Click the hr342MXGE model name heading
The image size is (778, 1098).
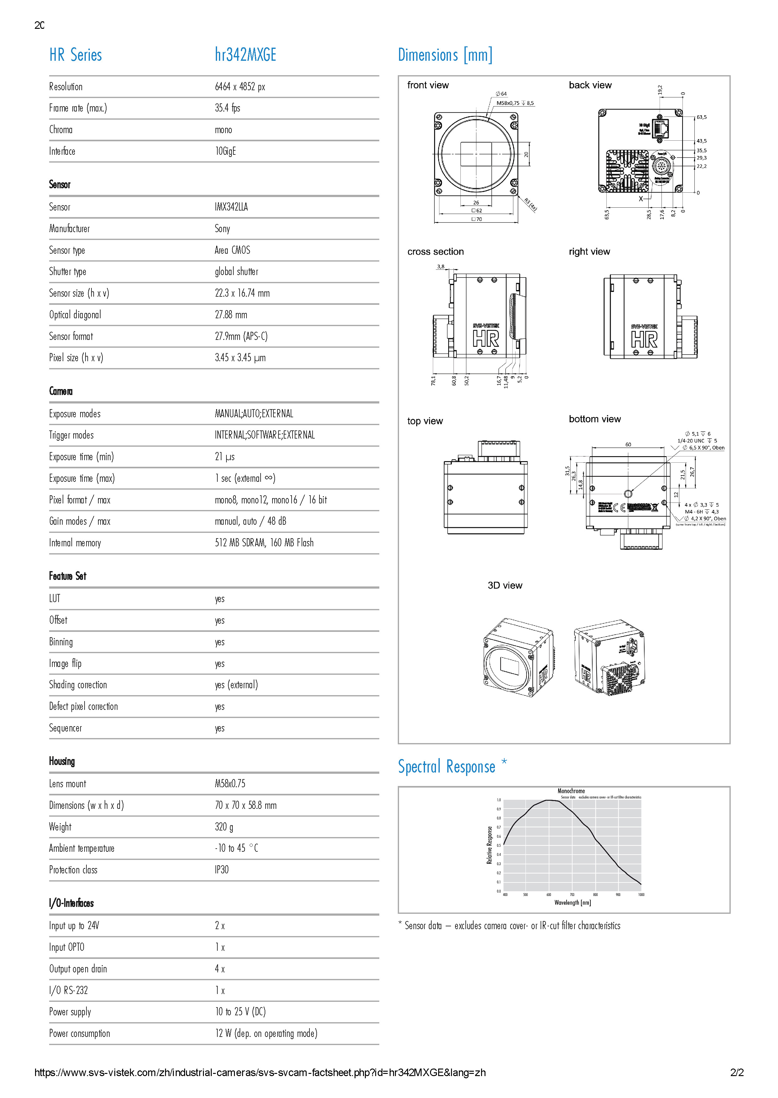click(x=245, y=55)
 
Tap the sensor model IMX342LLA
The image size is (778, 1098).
click(x=231, y=207)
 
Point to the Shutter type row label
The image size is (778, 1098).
click(x=68, y=272)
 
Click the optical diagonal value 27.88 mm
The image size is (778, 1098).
click(x=231, y=315)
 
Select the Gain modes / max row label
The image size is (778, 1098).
click(x=80, y=521)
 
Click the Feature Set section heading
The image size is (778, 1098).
click(x=68, y=576)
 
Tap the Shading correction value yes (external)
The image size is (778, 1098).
click(x=236, y=684)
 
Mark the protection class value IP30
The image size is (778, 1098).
click(x=221, y=870)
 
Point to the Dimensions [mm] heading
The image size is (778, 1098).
click(x=445, y=55)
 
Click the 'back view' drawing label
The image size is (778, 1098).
click(x=590, y=85)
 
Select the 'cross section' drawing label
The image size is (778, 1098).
click(x=435, y=252)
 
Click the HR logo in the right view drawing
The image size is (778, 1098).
click(x=644, y=339)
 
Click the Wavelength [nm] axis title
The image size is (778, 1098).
click(x=573, y=903)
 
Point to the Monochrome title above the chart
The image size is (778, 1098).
click(x=571, y=791)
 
